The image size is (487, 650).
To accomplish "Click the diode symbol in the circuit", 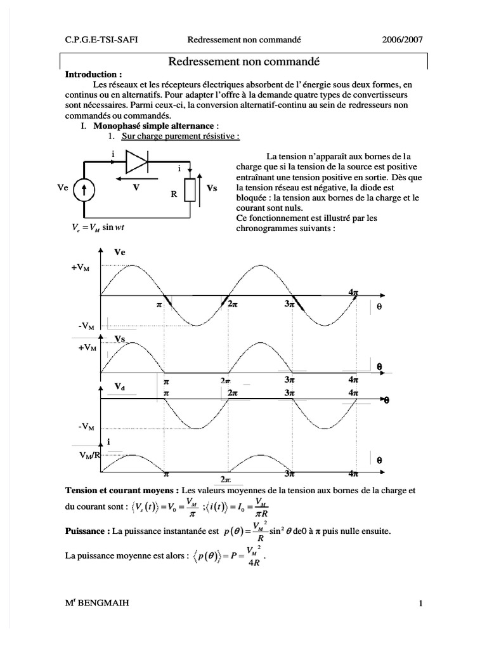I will coord(138,162).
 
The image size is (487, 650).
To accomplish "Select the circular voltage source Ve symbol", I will coord(83,190).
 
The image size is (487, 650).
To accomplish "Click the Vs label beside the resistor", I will coord(212,189).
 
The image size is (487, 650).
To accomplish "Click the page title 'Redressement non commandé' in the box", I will coord(243,62).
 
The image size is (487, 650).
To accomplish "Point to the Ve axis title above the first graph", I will coord(119,252).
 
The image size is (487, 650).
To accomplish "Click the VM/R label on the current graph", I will coord(89,455).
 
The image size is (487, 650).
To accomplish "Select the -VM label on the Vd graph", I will coord(87,427).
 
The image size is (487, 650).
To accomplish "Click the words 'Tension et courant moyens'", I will coord(121,491).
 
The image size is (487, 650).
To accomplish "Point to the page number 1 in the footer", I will coord(420,604).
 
